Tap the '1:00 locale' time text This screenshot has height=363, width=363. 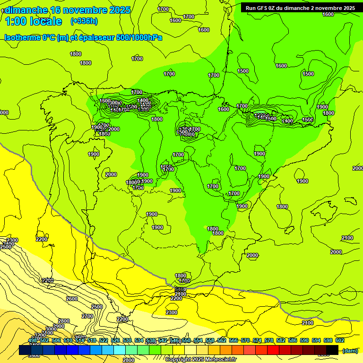pyautogui.click(x=34, y=21)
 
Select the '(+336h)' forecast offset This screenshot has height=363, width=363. pyautogui.click(x=84, y=21)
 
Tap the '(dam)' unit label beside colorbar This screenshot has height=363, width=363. pyautogui.click(x=350, y=350)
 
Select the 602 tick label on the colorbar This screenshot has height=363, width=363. pyautogui.click(x=340, y=340)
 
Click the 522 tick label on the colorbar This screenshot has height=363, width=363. pyautogui.click(x=104, y=340)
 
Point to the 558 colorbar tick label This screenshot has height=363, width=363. pyautogui.click(x=210, y=340)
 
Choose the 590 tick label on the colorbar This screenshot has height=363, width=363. pyautogui.click(x=304, y=340)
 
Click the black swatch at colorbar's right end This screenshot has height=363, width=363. pyautogui.click(x=332, y=350)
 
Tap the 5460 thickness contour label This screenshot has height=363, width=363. pyautogui.click(x=180, y=289)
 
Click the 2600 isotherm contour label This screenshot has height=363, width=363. pyautogui.click(x=72, y=299)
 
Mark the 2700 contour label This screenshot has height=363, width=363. pyautogui.click(x=87, y=316)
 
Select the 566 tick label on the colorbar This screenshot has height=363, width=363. pyautogui.click(x=233, y=340)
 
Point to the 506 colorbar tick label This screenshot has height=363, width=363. pyautogui.click(x=56, y=340)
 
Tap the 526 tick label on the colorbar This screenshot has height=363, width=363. pyautogui.click(x=115, y=340)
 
